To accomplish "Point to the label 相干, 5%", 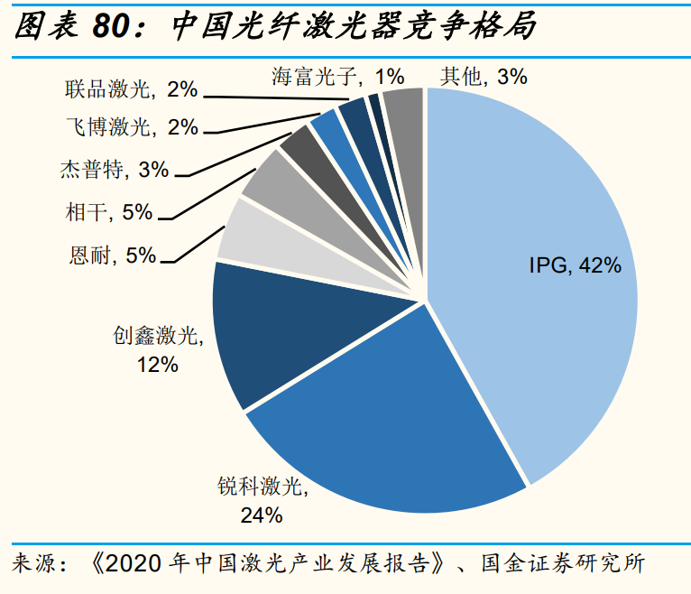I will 109,212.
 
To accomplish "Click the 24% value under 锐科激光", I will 262,515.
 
